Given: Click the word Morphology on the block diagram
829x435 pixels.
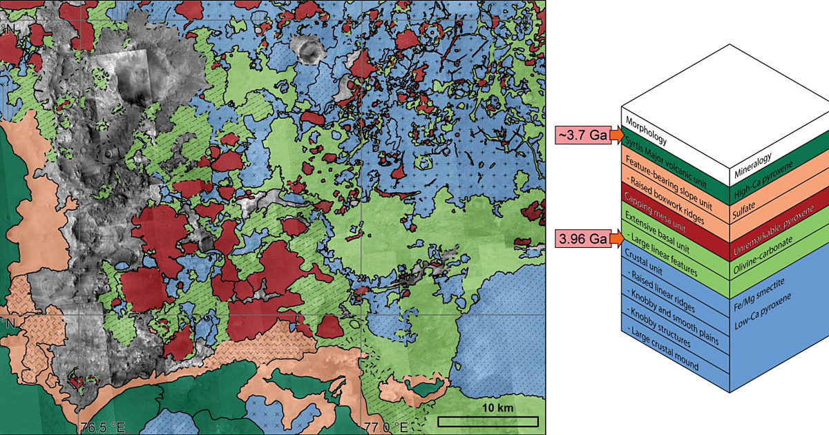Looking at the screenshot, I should [647, 130].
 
